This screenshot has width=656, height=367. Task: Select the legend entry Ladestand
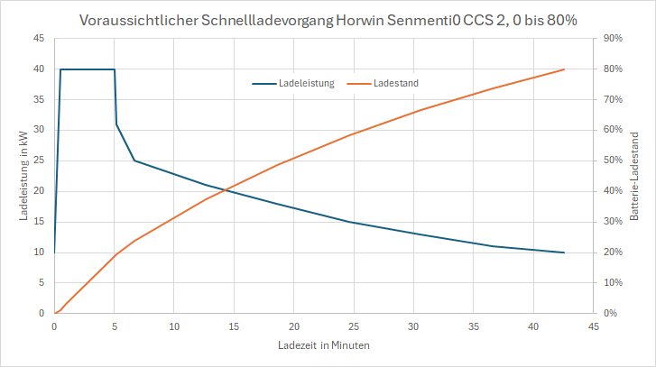coord(396,83)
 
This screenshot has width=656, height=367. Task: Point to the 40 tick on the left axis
coord(40,69)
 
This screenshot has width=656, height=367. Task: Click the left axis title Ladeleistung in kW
coord(23,175)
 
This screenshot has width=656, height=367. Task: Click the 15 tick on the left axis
coord(40,222)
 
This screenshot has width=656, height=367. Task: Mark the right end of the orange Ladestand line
coord(564,69)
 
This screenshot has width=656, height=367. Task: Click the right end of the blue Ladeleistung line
coord(564,252)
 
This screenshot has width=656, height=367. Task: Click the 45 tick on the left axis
coord(40,38)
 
